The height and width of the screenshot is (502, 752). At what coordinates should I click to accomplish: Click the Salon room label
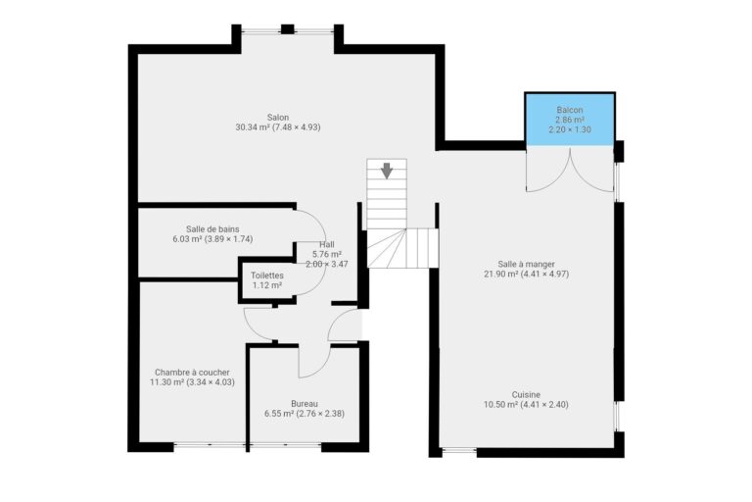[278, 117]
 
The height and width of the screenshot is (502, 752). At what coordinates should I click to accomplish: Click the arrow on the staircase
[387, 171]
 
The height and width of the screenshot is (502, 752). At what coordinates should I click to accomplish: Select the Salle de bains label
[212, 228]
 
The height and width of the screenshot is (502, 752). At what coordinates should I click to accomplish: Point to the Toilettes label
[267, 276]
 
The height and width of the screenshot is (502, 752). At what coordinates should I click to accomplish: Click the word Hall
[327, 244]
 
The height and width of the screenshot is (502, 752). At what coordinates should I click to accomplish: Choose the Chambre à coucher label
[192, 373]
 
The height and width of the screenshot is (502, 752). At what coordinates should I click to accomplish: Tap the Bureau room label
[304, 403]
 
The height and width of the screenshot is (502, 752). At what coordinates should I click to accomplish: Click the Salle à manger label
[526, 264]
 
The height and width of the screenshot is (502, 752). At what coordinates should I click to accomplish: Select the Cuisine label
[526, 394]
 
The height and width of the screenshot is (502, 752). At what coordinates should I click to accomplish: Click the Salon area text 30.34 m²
[252, 127]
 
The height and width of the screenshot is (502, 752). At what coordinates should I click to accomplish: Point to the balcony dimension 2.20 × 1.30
[570, 129]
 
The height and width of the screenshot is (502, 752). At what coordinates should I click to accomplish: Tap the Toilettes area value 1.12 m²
[267, 285]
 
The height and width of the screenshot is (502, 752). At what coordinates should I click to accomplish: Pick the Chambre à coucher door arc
[257, 324]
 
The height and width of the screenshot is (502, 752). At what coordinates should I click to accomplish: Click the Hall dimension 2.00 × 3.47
[327, 264]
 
